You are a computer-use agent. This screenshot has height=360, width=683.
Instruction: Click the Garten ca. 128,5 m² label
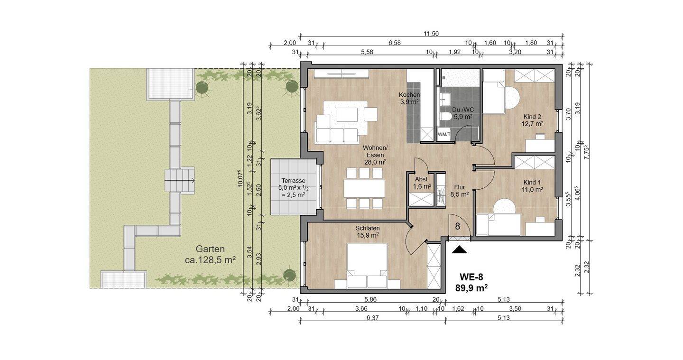coord(210,255)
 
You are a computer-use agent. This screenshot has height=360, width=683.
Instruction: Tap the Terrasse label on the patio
coord(293,181)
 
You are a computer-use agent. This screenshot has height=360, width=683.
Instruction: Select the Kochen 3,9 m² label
coord(409,98)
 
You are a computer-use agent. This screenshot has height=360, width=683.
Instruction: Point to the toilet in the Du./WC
coord(446,116)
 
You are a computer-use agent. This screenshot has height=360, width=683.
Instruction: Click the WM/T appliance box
coord(443,134)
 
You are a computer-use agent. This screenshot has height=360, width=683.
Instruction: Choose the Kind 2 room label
coord(533,120)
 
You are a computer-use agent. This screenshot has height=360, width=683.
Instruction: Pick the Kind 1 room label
coord(532,186)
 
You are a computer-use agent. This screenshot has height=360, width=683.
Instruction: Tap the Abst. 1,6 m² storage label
coord(422,183)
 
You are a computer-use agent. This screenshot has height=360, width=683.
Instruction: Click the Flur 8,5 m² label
coord(459,191)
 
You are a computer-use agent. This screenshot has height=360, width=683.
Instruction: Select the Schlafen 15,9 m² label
coord(368,231)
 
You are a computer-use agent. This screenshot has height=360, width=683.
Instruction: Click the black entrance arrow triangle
coord(459,250)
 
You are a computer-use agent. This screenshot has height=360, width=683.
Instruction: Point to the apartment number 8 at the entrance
coord(457,226)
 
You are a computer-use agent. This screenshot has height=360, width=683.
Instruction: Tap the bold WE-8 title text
coord(471,277)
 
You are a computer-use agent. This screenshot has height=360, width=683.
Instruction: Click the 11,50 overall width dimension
coord(431,34)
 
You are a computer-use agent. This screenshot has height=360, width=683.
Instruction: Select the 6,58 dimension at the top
coord(394,43)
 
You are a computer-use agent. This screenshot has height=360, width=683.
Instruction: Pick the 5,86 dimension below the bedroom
coord(370,299)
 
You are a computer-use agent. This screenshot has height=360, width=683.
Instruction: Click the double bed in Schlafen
coord(367,266)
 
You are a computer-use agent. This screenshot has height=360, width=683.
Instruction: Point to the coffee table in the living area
coord(347,115)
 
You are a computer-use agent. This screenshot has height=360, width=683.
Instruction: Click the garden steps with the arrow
coord(180,180)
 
